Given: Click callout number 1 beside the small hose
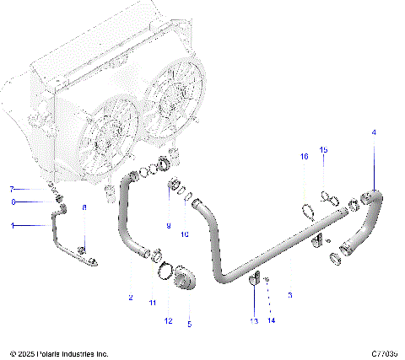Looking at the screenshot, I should click(12, 225).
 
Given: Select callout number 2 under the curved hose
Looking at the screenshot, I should click(131, 297).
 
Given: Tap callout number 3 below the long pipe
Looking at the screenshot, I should click(290, 295).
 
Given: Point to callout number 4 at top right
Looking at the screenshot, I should click(375, 133).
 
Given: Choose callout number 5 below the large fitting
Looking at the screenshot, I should click(189, 323).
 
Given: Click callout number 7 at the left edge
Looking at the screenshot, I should click(12, 189).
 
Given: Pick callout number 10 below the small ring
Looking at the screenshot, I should click(186, 234).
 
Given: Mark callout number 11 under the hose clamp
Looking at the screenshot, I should click(153, 301).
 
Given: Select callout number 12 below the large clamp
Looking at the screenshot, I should click(168, 321).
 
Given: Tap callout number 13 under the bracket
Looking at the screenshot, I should click(254, 321).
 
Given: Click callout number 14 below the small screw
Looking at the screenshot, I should click(271, 321).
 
